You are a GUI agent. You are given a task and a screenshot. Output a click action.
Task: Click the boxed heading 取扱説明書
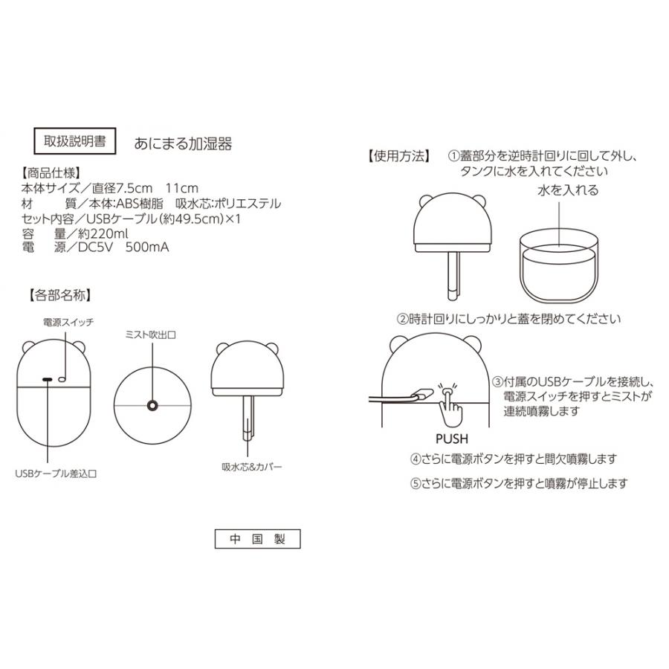tap(75, 141)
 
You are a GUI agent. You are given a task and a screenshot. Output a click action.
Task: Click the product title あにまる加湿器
tap(182, 143)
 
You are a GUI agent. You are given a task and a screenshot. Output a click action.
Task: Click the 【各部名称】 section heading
tap(60, 294)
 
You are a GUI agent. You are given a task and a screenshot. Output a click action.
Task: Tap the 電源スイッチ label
tap(68, 322)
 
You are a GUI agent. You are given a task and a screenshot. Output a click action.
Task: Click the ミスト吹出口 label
tap(152, 336)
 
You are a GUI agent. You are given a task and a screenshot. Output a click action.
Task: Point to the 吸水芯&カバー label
tap(253, 468)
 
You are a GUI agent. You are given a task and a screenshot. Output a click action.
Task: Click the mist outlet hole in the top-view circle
tap(152, 405)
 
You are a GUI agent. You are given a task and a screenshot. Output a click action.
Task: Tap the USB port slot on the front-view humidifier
tap(48, 380)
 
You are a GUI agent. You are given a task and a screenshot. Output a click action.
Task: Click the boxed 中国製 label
tap(257, 538)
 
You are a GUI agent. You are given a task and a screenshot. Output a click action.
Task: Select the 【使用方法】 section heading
tap(398, 157)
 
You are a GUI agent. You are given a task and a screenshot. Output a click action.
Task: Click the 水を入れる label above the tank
tap(567, 190)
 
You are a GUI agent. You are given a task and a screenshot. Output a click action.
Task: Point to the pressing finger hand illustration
tap(450, 403)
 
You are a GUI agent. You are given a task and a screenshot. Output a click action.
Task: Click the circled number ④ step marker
tap(416, 459)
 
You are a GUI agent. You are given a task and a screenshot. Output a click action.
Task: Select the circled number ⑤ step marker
tap(416, 483)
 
